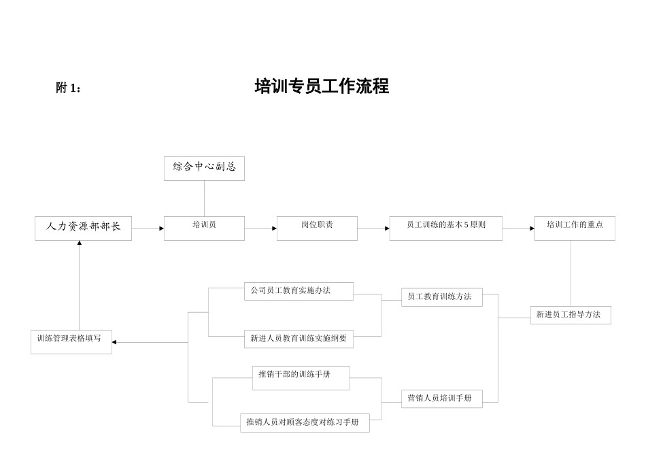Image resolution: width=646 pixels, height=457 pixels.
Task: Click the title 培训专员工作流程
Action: (322, 86)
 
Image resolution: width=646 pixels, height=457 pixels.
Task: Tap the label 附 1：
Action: (69, 88)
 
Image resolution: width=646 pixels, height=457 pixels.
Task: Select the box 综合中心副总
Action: (204, 168)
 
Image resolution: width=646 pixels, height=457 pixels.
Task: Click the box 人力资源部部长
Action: (83, 228)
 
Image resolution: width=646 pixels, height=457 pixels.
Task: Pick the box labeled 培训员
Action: (204, 228)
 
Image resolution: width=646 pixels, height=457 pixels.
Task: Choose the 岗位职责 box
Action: (317, 228)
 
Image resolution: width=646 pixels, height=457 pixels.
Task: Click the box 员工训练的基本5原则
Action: (445, 228)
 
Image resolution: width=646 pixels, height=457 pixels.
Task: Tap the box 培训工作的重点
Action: (575, 228)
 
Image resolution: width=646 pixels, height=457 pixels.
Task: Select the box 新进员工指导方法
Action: (571, 315)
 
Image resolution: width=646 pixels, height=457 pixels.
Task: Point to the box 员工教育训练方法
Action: (441, 297)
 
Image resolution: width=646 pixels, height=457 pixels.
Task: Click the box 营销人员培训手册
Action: (441, 399)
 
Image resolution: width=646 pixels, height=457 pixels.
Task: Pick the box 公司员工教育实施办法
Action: (299, 291)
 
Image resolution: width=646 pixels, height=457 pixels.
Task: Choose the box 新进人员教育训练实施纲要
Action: (299, 339)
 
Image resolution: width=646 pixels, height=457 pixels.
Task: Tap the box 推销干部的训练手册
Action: (301, 377)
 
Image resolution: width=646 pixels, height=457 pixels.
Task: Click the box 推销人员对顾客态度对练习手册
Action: (305, 422)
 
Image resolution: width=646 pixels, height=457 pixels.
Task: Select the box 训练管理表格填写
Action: (71, 341)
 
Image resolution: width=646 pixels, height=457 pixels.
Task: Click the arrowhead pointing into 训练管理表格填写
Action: (114, 342)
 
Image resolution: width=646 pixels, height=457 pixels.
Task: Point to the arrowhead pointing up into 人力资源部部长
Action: (80, 243)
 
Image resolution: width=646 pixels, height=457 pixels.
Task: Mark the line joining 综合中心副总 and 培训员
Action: (204, 199)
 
